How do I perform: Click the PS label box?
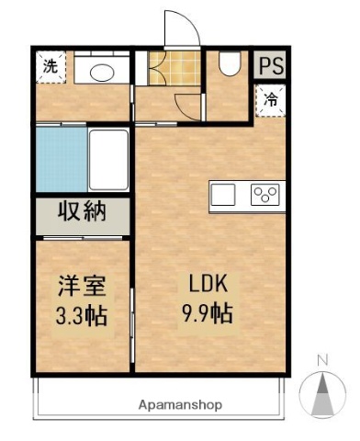click(x=270, y=65)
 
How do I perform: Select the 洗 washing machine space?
click(x=51, y=66)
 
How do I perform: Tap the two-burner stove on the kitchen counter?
click(x=265, y=194)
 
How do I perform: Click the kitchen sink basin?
click(x=225, y=195)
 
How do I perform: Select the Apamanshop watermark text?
click(x=180, y=404)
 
